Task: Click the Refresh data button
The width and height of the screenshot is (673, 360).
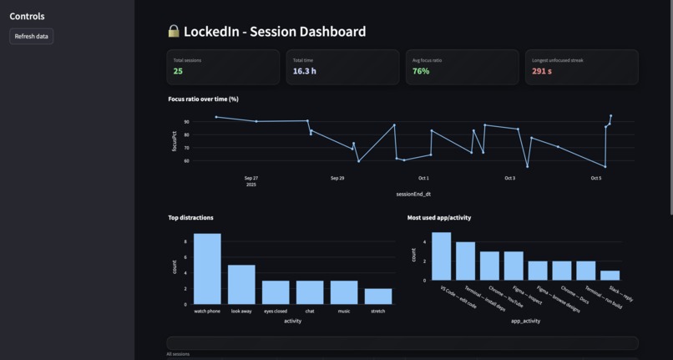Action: [32, 36]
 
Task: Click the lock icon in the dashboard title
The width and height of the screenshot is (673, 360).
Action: [174, 32]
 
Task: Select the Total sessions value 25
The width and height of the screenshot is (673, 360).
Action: [178, 71]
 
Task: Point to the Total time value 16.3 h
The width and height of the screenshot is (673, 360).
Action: [304, 71]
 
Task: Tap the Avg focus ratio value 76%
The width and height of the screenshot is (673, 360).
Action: [421, 71]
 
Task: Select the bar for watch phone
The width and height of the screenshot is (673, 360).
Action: [207, 269]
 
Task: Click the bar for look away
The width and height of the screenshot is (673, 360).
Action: [241, 285]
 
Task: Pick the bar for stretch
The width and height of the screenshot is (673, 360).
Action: [378, 297]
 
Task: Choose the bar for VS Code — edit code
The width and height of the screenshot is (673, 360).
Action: [441, 256]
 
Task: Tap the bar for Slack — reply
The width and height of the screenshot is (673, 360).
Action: [610, 275]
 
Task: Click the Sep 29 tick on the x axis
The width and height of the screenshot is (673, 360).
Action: [337, 178]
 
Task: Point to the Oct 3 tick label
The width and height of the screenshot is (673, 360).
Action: [509, 178]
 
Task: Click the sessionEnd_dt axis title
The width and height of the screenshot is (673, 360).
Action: [413, 194]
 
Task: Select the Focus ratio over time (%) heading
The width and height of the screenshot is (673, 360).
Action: [203, 99]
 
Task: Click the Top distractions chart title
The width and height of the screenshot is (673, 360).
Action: [190, 217]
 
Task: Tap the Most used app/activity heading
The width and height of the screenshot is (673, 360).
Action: [439, 217]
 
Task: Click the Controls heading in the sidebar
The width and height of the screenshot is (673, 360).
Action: [27, 16]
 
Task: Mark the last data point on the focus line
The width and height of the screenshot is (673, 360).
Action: [610, 116]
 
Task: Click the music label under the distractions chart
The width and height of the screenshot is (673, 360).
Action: [344, 312]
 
